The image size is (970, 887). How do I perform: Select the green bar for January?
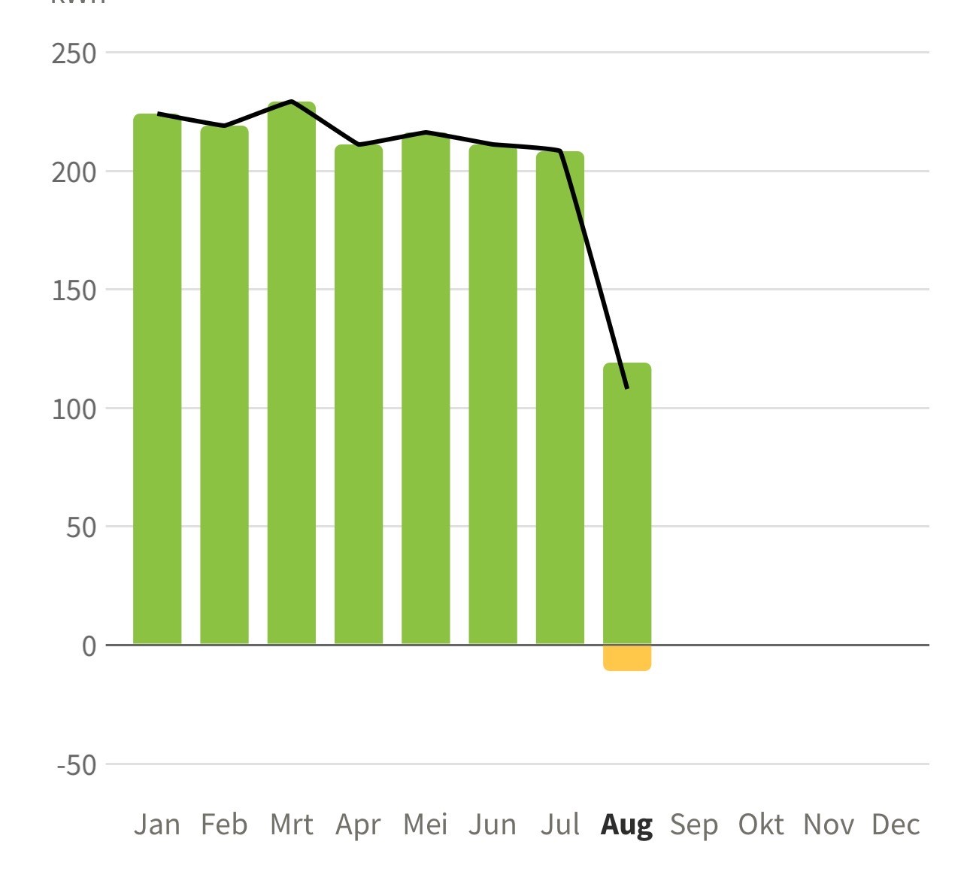157,379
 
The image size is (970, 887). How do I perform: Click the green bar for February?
224,385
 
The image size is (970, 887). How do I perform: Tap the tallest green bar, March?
292,373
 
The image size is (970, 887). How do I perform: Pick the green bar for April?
359,394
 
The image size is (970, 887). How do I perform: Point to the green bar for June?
493,394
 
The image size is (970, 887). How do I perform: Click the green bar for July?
560,398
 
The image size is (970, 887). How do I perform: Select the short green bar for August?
627,504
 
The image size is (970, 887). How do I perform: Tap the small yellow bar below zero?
627,658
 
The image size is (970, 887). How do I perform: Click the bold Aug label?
626,825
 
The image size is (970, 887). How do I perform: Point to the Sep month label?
694,825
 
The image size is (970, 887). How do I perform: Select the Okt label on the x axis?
761,825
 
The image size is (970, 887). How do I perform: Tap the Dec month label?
896,825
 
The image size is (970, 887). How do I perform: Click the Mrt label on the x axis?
292,825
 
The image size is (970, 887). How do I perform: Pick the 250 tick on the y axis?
74,53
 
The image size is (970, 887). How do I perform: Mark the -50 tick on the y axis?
76,765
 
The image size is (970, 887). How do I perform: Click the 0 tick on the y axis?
89,646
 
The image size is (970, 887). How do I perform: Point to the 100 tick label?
74,409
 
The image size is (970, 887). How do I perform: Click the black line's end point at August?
627,387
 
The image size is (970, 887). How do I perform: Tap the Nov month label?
829,825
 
